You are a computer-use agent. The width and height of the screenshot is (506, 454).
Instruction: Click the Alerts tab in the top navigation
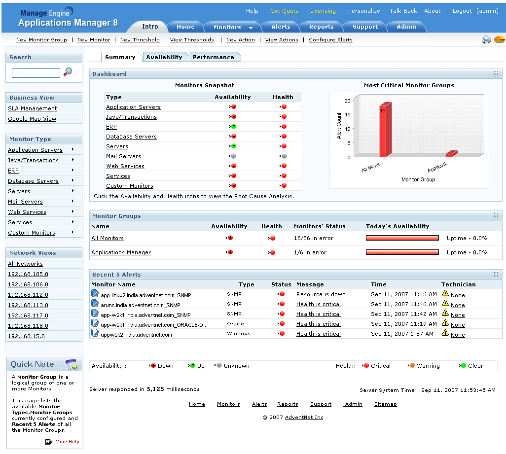click(281, 27)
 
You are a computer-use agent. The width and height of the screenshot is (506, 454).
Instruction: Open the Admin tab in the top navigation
click(406, 27)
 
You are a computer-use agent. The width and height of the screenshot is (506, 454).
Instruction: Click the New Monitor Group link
click(41, 40)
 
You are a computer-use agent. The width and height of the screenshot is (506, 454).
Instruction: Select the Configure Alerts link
click(330, 40)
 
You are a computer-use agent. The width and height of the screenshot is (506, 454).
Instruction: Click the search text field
click(36, 73)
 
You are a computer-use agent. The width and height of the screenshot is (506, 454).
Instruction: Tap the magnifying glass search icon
click(68, 72)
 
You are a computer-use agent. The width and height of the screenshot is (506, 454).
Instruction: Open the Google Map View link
click(32, 119)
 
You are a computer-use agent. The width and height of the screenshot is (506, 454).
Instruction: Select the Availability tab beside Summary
click(164, 57)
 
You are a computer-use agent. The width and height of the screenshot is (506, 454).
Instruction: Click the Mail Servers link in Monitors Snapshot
click(123, 156)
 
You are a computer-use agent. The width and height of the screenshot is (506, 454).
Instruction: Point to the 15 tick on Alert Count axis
click(348, 115)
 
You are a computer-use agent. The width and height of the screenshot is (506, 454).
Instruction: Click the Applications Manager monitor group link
click(121, 252)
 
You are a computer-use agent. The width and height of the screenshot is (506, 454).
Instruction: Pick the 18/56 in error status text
click(314, 238)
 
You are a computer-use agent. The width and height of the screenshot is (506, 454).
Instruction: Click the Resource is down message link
click(321, 294)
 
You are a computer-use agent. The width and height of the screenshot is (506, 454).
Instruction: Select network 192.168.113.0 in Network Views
click(28, 305)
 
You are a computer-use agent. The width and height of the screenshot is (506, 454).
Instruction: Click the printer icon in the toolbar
click(486, 40)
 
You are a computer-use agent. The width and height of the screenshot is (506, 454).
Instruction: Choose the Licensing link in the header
click(323, 11)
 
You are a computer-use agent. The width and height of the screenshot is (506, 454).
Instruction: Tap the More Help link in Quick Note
click(67, 442)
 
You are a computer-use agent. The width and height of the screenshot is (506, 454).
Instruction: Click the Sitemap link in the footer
click(385, 404)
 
